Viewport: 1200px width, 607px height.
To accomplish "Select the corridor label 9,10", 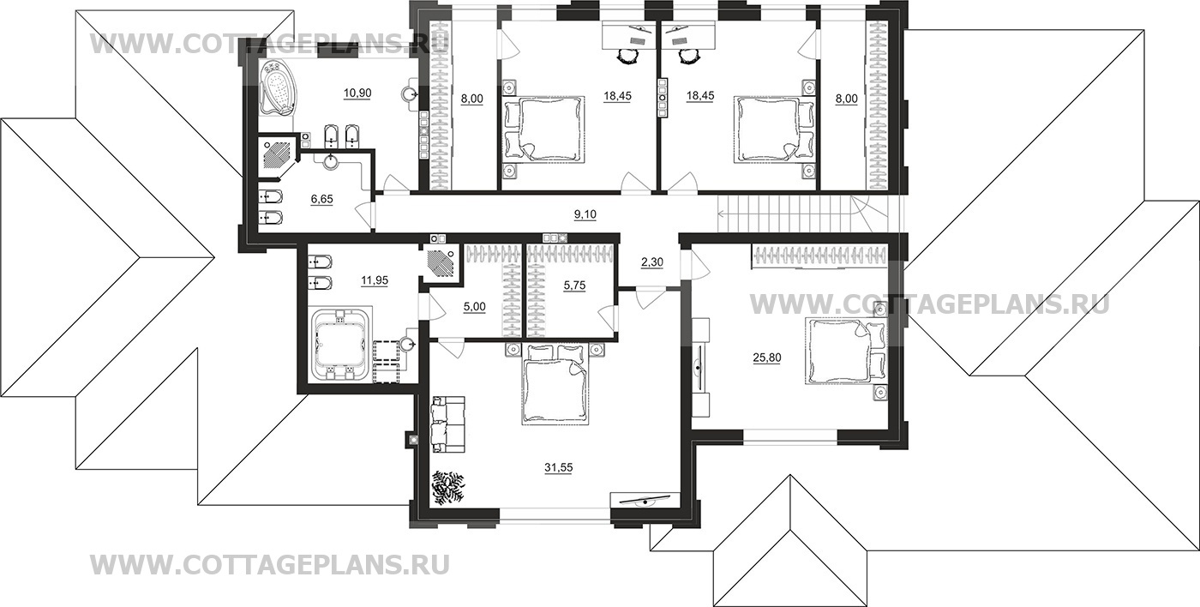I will (x=585, y=213).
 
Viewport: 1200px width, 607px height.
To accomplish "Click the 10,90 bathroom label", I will (x=357, y=93).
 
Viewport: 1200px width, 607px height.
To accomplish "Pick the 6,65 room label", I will (x=322, y=198).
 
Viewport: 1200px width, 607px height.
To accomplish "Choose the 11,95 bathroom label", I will (x=357, y=279).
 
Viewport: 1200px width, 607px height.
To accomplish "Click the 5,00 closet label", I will (x=474, y=305).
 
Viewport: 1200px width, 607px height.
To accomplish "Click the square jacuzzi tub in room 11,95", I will (x=341, y=343).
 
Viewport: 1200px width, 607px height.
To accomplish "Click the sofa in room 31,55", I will (x=447, y=424).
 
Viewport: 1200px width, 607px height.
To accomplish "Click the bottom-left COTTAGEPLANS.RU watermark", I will (x=269, y=564).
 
